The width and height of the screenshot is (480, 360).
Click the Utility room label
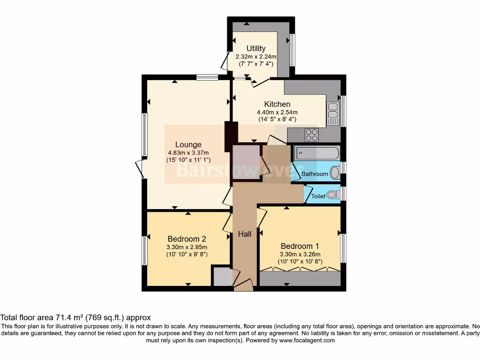(x=256, y=48)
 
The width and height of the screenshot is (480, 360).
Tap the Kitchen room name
(x=277, y=104)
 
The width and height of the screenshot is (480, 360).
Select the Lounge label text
(x=188, y=144)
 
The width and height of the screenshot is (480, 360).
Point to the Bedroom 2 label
(x=187, y=239)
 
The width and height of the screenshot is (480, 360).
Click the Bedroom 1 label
(x=300, y=246)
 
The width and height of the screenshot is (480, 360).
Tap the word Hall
(x=244, y=234)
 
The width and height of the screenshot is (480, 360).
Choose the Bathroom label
(x=315, y=174)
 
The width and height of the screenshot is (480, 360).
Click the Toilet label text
(x=318, y=196)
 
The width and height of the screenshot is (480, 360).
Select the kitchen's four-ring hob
(x=311, y=135)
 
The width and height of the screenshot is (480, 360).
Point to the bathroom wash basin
(x=335, y=173)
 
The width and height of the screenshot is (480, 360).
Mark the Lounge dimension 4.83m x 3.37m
(x=188, y=152)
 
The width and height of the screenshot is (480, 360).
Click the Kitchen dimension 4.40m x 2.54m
(x=277, y=112)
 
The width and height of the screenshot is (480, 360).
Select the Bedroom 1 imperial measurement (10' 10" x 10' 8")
(x=300, y=262)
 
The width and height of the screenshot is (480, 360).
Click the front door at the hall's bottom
(x=243, y=283)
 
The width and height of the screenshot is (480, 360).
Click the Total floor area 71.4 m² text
(x=75, y=317)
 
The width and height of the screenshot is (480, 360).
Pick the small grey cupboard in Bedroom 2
(x=222, y=277)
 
